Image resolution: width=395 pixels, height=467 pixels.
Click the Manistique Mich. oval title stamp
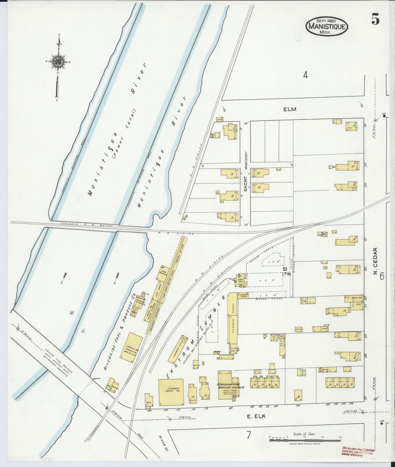(x=327, y=26)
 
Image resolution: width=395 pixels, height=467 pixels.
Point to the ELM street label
(x=290, y=109)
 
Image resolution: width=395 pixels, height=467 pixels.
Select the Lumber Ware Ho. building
(x=171, y=392)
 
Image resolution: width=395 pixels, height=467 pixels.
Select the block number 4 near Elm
(x=306, y=75)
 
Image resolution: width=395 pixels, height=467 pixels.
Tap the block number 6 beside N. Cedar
(x=382, y=276)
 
